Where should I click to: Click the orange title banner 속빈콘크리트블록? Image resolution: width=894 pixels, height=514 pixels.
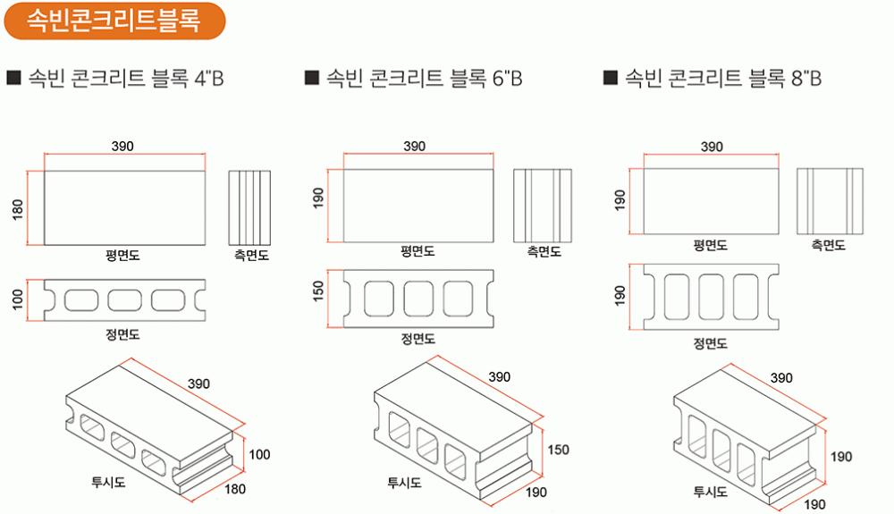click(113, 20)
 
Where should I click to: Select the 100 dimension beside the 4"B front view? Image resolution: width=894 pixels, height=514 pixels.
click(17, 299)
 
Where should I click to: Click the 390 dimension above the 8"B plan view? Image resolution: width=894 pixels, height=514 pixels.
click(712, 147)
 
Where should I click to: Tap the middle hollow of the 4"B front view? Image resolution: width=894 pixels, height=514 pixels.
click(124, 299)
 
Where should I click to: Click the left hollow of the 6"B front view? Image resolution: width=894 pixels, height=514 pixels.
click(375, 297)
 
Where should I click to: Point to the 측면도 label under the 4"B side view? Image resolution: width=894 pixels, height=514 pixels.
click(251, 256)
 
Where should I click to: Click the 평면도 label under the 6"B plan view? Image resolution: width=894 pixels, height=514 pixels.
click(417, 252)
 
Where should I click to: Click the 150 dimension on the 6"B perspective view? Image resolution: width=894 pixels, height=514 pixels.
click(558, 450)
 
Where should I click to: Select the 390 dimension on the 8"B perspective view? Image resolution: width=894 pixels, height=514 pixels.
click(781, 378)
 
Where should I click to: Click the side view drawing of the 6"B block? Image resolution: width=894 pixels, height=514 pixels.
click(543, 206)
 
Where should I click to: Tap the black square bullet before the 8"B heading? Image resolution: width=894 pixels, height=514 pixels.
click(611, 79)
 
